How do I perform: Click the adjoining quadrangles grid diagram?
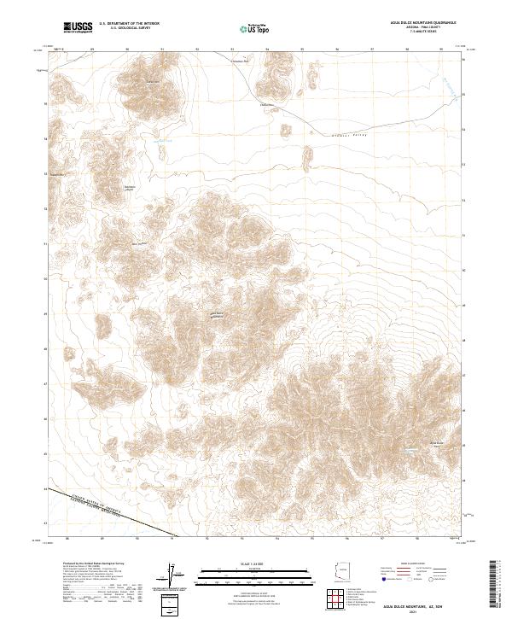point(344,603)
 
